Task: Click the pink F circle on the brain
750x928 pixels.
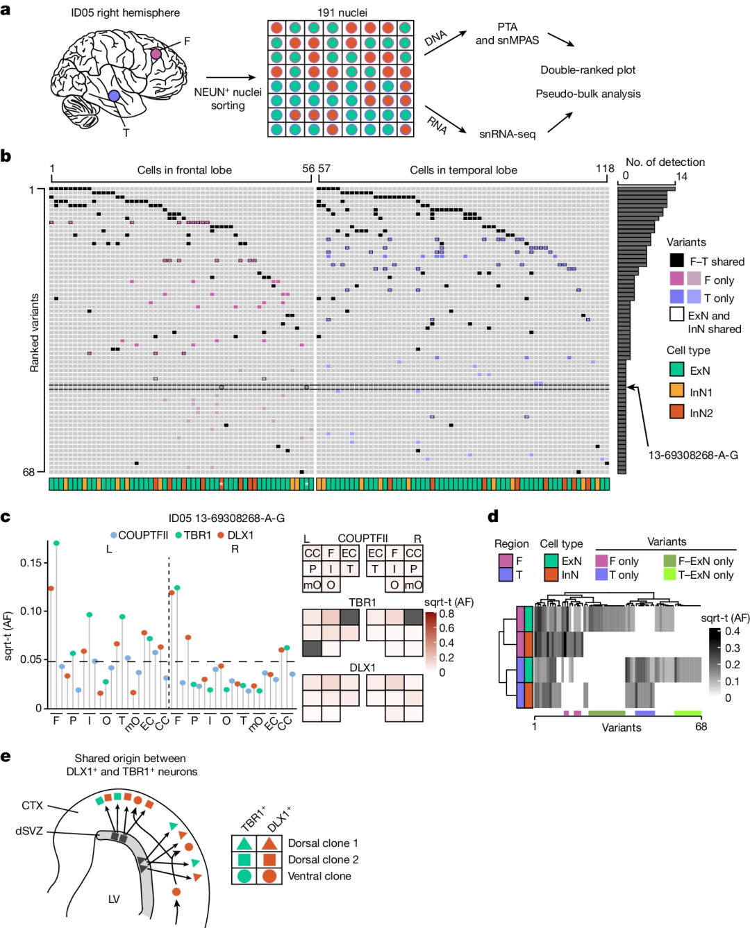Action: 156,53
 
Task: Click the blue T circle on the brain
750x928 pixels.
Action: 114,96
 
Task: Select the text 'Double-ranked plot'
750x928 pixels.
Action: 587,70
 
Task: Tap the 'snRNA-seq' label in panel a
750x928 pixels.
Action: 507,134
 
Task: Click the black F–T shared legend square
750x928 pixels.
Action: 676,261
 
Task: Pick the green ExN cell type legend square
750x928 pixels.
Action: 676,370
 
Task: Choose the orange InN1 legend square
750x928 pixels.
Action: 676,391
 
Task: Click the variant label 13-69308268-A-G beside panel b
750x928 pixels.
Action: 692,455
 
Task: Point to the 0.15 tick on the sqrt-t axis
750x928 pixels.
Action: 30,562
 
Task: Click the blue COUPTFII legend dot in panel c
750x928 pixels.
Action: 114,535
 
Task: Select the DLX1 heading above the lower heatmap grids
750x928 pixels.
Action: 362,668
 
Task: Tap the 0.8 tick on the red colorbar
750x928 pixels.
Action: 447,614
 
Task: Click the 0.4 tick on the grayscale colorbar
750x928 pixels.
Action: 732,631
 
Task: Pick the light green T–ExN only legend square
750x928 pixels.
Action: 669,575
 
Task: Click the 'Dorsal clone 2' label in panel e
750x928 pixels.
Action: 323,859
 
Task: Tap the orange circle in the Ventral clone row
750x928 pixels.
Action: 269,876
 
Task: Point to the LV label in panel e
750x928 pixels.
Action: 114,899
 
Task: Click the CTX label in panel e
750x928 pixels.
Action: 32,805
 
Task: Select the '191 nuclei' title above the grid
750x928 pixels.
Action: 342,12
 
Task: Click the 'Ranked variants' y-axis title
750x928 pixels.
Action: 35,332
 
